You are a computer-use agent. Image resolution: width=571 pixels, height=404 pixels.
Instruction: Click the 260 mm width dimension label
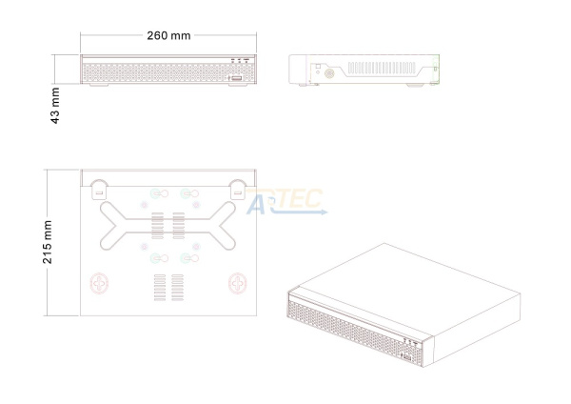pyautogui.click(x=168, y=36)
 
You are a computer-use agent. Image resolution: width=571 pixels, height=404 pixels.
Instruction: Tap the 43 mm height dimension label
pyautogui.click(x=55, y=106)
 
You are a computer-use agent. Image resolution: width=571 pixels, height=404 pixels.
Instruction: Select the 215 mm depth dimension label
pyautogui.click(x=48, y=242)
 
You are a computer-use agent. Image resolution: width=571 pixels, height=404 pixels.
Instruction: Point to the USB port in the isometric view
pyautogui.click(x=406, y=357)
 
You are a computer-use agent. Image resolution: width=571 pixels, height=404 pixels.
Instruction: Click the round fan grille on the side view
pyautogui.click(x=329, y=73)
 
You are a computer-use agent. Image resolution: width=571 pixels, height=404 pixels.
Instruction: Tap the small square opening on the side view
pyautogui.click(x=318, y=67)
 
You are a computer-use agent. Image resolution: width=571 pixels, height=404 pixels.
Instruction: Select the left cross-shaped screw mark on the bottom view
pyautogui.click(x=99, y=283)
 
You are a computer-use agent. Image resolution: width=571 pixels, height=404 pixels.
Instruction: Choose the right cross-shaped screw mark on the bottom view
pyautogui.click(x=238, y=283)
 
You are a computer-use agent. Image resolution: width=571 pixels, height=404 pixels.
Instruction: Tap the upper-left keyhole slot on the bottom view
pyautogui.click(x=159, y=193)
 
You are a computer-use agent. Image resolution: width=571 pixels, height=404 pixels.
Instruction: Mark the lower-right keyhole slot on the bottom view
pyautogui.click(x=189, y=258)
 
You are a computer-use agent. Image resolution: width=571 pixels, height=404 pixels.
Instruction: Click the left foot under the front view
pyautogui.click(x=99, y=85)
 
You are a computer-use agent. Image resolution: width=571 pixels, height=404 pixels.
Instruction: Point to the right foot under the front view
pyautogui.click(x=238, y=85)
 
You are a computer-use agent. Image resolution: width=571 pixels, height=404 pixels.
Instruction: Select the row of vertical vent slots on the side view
pyautogui.click(x=382, y=68)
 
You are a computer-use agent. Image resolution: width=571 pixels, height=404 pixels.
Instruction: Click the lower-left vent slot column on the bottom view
pyautogui.click(x=160, y=288)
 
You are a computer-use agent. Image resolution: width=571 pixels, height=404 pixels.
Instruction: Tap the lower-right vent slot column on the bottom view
pyautogui.click(x=177, y=288)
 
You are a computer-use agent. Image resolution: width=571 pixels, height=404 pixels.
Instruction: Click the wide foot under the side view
pyautogui.click(x=415, y=86)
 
